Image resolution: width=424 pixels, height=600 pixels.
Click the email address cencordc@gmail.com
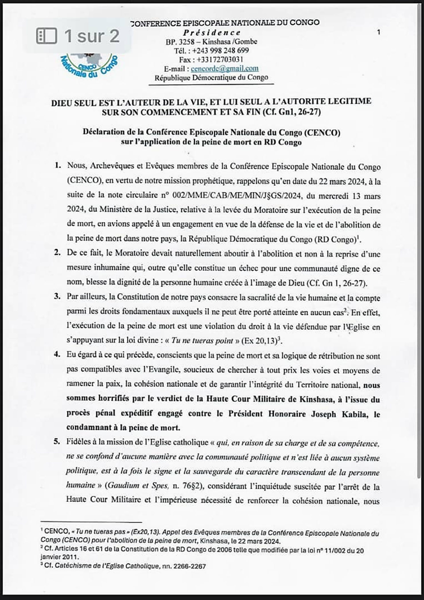point(224,69)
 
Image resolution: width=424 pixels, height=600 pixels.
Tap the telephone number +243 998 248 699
point(220,50)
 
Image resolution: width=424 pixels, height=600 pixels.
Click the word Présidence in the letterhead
point(212,32)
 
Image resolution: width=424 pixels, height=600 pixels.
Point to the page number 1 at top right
point(379,32)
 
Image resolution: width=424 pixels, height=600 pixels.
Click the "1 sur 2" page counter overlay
point(91,36)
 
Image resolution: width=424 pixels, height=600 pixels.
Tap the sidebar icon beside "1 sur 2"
point(46,36)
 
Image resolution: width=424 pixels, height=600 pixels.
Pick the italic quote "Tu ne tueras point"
point(202,341)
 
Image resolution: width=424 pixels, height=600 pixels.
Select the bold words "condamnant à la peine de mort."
point(123,428)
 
